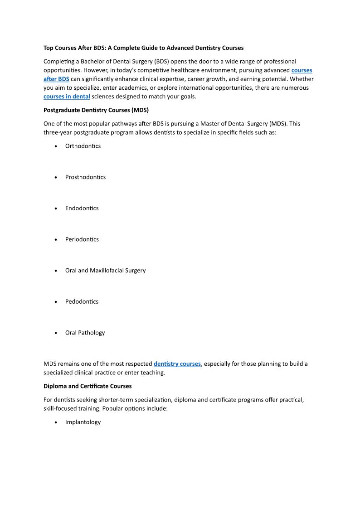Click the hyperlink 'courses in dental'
[67, 96]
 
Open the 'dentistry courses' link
[177, 364]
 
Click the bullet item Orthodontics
[83, 146]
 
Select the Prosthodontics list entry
[85, 177]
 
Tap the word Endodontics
[82, 208]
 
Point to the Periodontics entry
[82, 239]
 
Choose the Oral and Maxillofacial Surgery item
[105, 271]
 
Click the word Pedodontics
[82, 301]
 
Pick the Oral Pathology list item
[85, 333]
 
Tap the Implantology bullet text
[83, 422]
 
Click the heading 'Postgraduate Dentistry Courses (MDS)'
[96, 110]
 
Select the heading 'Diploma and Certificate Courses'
[88, 386]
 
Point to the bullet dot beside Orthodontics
[55, 146]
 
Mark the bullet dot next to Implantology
[55, 422]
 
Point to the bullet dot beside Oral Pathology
[55, 333]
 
